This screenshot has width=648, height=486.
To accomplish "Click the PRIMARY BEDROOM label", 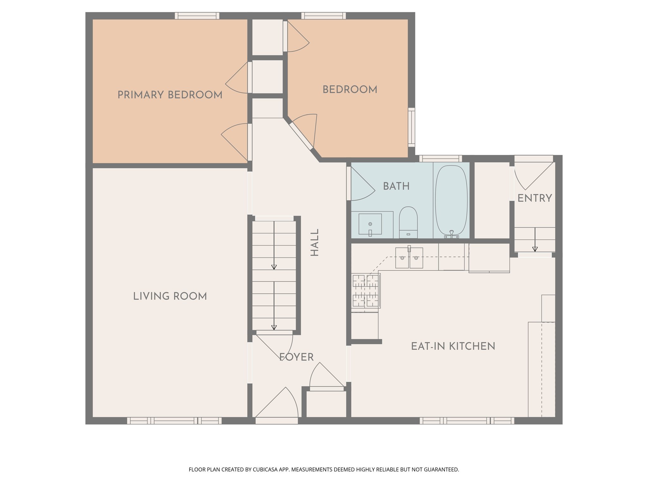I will [x=170, y=95].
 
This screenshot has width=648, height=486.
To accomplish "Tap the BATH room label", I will [x=396, y=186].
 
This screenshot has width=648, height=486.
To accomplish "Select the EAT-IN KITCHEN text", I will [x=453, y=346].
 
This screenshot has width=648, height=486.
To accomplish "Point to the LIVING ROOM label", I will [x=170, y=296].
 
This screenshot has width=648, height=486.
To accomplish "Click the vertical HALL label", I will [x=315, y=242].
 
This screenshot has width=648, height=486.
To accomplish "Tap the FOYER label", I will [x=296, y=357].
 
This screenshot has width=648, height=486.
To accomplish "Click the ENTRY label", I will [x=534, y=198].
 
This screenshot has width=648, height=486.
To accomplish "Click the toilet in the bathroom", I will [x=408, y=222].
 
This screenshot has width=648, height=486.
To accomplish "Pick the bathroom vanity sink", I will [x=370, y=224].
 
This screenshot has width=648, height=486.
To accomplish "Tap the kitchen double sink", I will [x=409, y=258].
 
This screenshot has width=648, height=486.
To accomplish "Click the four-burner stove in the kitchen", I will [x=366, y=290].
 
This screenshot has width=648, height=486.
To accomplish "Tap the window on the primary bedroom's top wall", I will [x=197, y=16].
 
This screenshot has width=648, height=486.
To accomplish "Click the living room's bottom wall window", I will [x=174, y=421].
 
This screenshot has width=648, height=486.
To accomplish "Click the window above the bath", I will [x=440, y=158].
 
